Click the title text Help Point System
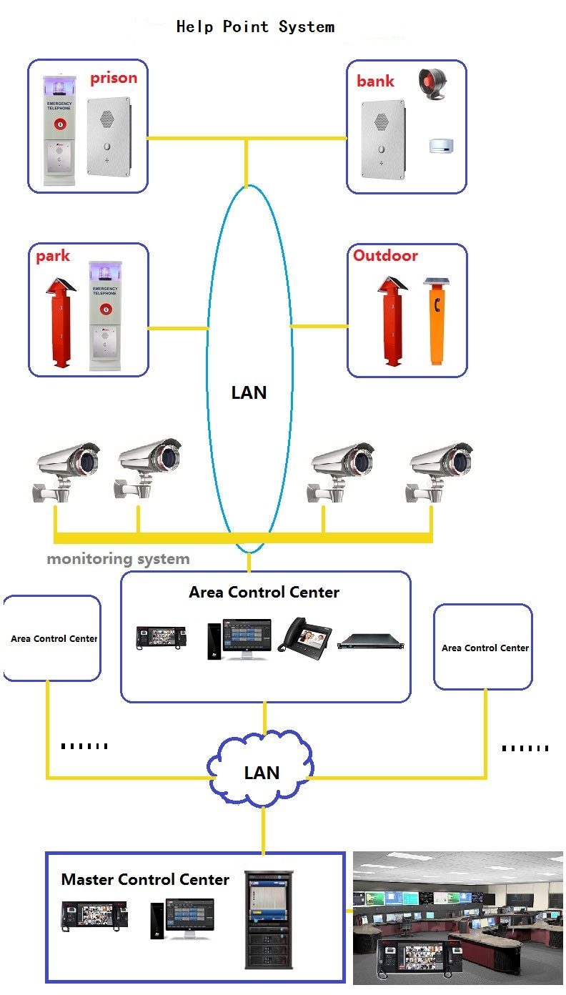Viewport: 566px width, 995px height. click(255, 27)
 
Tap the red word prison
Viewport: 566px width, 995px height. click(113, 78)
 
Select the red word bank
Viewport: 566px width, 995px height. click(375, 81)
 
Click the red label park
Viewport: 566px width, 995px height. click(53, 256)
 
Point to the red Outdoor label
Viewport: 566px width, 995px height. click(385, 255)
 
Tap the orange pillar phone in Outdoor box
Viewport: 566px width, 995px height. click(436, 322)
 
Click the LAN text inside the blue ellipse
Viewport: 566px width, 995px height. click(249, 392)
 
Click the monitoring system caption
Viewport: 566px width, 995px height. click(118, 559)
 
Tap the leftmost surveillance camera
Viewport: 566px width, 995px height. click(66, 468)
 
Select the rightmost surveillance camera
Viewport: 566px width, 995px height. click(437, 468)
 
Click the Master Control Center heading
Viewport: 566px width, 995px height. click(145, 879)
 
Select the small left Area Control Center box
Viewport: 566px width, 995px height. click(53, 638)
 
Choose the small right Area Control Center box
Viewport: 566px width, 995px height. click(483, 647)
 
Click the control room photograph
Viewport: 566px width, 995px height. click(458, 918)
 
